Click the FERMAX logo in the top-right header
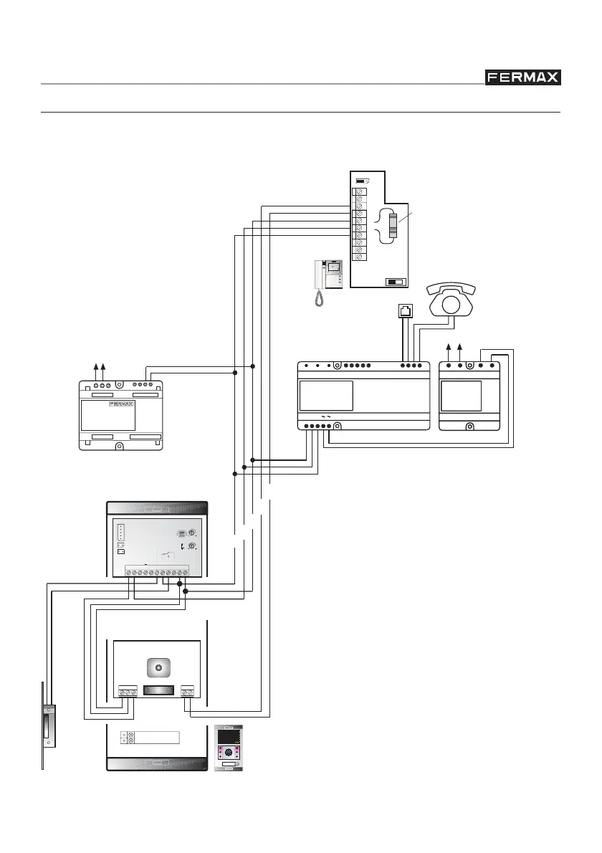(523, 77)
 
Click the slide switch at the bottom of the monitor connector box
(395, 282)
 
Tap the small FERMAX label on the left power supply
(122, 404)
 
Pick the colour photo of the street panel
(229, 748)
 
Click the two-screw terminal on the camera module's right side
(187, 692)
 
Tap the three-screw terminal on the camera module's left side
(128, 692)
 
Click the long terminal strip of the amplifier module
(157, 571)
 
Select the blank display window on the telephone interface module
(326, 395)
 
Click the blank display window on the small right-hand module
(460, 395)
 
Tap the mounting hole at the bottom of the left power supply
(119, 447)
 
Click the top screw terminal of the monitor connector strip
(361, 192)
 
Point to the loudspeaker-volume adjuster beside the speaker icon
(191, 546)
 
